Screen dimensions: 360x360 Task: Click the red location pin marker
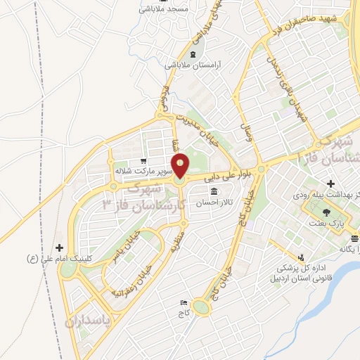[x=181, y=165]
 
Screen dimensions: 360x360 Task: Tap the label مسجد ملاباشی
[x=160, y=9]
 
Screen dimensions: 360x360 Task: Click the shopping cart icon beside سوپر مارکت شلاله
[x=143, y=160]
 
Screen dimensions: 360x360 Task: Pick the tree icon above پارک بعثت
[x=326, y=212]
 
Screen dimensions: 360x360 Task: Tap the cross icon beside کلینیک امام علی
[x=59, y=247]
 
